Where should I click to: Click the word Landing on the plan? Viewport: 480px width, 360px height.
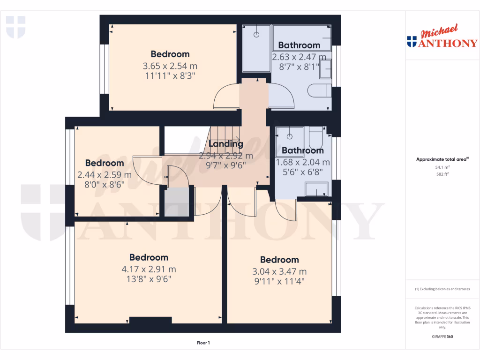click(x=225, y=144)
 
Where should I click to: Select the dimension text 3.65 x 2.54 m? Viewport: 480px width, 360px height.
click(x=170, y=66)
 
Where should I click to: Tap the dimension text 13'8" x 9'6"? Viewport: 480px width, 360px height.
click(x=149, y=279)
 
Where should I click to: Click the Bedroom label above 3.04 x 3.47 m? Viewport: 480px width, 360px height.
click(x=279, y=260)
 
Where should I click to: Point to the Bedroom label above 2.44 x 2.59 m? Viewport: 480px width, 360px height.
click(x=105, y=163)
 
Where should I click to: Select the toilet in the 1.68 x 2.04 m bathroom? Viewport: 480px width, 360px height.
click(x=315, y=136)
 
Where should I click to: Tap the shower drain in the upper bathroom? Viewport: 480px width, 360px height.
click(x=256, y=35)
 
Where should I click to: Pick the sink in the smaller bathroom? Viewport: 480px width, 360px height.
click(x=317, y=189)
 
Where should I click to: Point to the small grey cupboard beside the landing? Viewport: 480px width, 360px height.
click(x=176, y=201)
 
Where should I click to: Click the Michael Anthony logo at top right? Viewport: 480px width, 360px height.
click(x=442, y=37)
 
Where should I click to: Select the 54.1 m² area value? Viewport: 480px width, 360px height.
click(x=442, y=167)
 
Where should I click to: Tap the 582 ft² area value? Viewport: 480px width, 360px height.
click(x=442, y=174)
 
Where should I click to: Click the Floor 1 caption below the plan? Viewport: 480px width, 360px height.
click(x=203, y=343)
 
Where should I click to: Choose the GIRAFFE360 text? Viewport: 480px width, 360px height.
click(x=442, y=337)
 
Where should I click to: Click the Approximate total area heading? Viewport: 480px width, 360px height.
click(x=442, y=159)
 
